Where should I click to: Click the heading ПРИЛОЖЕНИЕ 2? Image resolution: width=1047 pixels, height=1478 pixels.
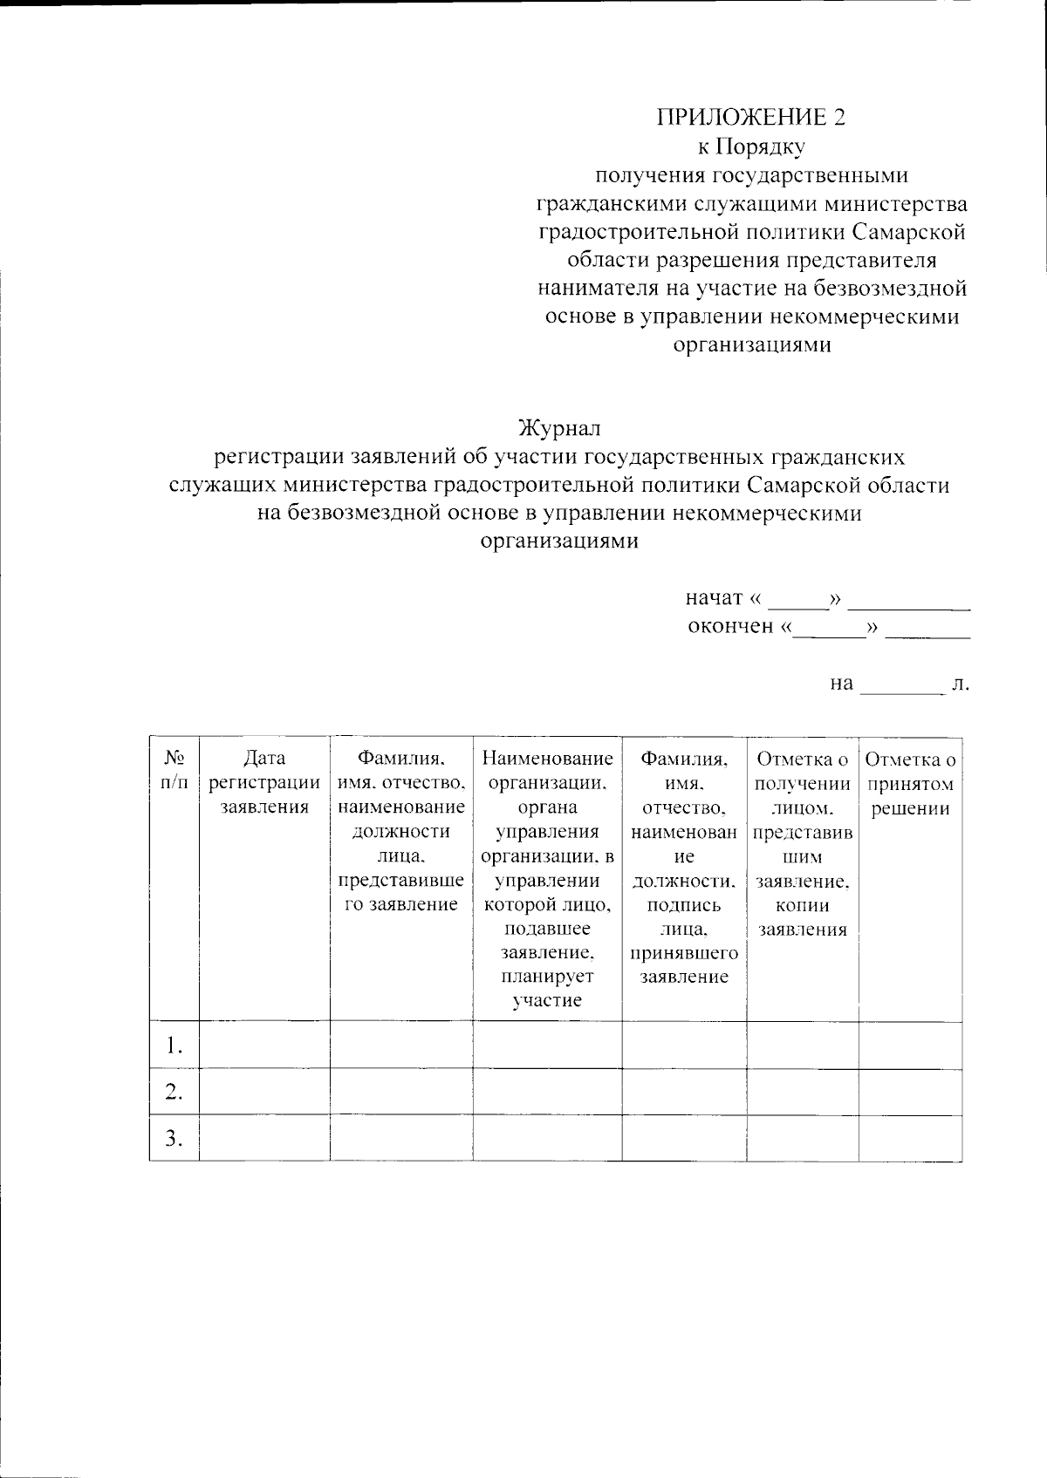click(751, 117)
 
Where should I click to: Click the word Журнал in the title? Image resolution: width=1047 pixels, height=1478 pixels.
click(559, 429)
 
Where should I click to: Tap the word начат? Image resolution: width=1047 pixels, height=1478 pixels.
click(713, 598)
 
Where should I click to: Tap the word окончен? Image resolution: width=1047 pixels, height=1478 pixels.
click(731, 626)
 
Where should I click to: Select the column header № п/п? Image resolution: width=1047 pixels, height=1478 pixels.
click(174, 771)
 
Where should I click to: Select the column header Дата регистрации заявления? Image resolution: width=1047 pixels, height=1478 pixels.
click(264, 783)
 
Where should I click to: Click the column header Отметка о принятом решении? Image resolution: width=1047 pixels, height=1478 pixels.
click(911, 783)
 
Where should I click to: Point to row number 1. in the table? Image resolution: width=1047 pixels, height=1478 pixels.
click(174, 1045)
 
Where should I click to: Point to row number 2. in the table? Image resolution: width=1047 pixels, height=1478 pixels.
click(174, 1092)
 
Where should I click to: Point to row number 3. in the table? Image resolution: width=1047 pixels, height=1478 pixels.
click(174, 1138)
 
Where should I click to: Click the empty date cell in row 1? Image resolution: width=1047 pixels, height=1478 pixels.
click(264, 1045)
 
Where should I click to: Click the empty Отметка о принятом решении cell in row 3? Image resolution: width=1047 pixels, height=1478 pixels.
click(911, 1138)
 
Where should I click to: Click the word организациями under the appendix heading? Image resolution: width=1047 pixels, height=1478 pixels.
click(751, 344)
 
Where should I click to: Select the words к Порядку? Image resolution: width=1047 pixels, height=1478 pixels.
click(751, 146)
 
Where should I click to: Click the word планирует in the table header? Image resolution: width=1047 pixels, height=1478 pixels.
click(547, 977)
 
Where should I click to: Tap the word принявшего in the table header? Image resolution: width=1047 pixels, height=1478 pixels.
click(684, 952)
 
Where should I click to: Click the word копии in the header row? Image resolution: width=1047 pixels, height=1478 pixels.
click(803, 905)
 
